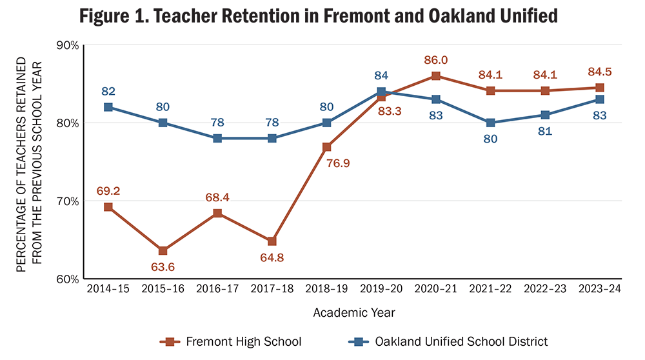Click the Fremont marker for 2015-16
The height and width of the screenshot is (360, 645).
(163, 250)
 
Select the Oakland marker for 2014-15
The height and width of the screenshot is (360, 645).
(108, 107)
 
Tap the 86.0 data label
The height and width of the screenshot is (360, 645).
(436, 60)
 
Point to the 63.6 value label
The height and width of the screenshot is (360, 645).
(163, 266)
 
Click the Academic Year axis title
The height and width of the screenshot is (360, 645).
(353, 313)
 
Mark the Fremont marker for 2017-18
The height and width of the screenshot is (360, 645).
(272, 241)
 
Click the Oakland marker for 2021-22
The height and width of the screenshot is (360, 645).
(491, 123)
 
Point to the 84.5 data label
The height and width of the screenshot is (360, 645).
(600, 72)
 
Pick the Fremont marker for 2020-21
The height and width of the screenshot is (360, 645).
(436, 76)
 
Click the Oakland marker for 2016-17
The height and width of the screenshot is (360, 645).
(217, 138)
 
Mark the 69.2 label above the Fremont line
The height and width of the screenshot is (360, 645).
(108, 191)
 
